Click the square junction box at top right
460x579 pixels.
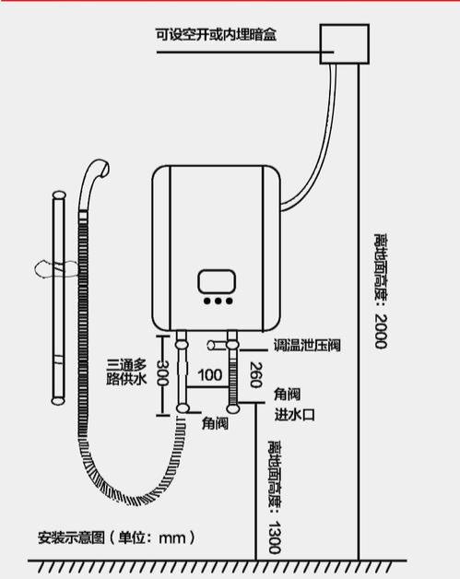(x=344, y=44)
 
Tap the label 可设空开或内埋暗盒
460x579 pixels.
(x=216, y=35)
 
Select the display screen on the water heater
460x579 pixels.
(x=217, y=282)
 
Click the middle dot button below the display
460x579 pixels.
(x=218, y=301)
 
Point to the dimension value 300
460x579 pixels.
(x=162, y=372)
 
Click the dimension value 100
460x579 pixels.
(x=209, y=375)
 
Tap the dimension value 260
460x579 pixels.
(x=255, y=375)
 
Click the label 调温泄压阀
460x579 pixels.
(x=307, y=345)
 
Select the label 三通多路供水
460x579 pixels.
(x=126, y=372)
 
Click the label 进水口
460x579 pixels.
(x=294, y=415)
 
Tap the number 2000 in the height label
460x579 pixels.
(x=381, y=331)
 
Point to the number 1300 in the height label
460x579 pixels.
(x=274, y=538)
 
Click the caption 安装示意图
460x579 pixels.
(x=71, y=538)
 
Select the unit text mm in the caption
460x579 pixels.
(x=172, y=538)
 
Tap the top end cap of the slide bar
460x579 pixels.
(x=59, y=195)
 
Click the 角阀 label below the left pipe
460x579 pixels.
(x=215, y=423)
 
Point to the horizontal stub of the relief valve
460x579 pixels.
(x=217, y=345)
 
